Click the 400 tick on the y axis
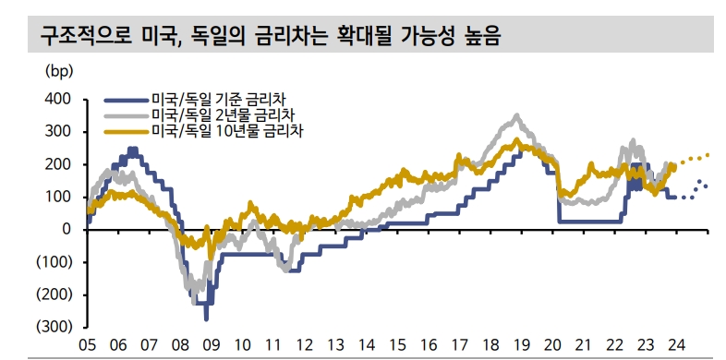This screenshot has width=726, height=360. pyautogui.click(x=58, y=99)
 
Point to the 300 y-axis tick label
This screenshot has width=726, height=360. pyautogui.click(x=58, y=131)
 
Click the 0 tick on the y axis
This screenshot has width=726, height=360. pyautogui.click(x=67, y=229)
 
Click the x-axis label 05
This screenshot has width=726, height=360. pyautogui.click(x=87, y=343)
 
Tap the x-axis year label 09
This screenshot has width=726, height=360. pyautogui.click(x=211, y=343)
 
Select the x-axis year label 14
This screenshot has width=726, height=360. pyautogui.click(x=367, y=343)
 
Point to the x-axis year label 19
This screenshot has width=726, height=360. pyautogui.click(x=523, y=343)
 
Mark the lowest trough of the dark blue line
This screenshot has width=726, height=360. pyautogui.click(x=206, y=318)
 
